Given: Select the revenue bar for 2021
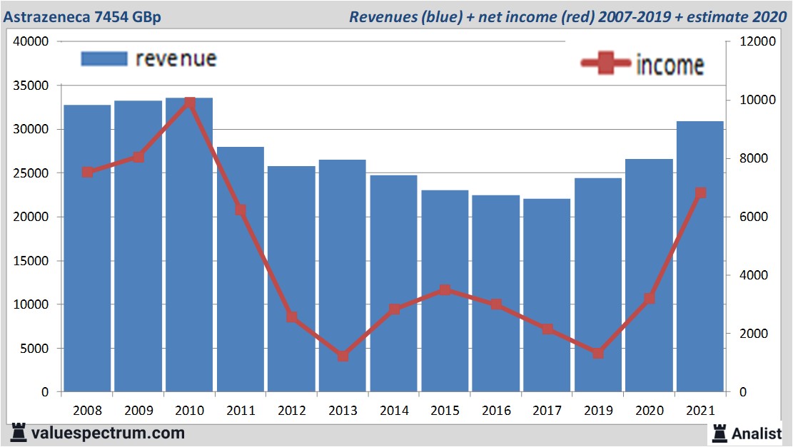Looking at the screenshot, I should point(700,257).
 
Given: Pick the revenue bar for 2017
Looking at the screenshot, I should point(547,295).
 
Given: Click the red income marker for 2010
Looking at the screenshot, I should point(190,103).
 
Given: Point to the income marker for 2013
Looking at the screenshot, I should point(343,356).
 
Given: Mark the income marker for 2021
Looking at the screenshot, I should point(700,192).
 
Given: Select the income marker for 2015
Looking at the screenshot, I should point(445,290).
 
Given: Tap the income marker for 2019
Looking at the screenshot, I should point(598,353).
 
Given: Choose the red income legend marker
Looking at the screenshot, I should point(606,64).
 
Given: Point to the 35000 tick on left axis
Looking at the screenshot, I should point(33,86).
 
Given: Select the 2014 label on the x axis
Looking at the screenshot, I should point(394,411).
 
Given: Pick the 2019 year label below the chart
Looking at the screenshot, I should point(598,411).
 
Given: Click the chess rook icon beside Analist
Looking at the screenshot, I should point(719,432).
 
